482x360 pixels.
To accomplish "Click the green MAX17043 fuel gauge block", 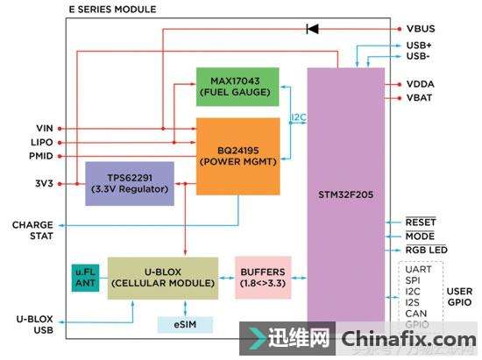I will [237, 86].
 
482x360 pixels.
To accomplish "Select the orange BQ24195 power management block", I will [237, 155].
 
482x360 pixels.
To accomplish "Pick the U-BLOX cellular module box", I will [162, 277].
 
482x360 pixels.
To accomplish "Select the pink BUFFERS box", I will [262, 277].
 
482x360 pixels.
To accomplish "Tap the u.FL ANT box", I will [84, 277].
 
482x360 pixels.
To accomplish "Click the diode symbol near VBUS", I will [311, 29].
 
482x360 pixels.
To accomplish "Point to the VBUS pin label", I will [422, 29].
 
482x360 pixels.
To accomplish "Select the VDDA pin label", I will [422, 84].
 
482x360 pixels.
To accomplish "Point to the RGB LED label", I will [428, 250].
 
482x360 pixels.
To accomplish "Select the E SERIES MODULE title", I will [112, 9].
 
